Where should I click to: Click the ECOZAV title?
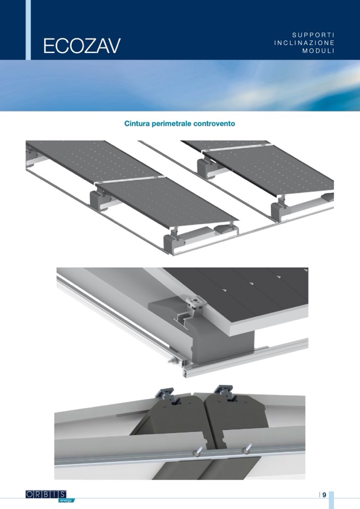pos(82,46)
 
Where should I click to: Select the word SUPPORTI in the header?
pos(313,34)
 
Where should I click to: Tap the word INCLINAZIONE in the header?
pos(304,43)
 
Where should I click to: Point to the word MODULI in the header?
pos(319,51)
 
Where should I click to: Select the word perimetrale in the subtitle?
pos(172,124)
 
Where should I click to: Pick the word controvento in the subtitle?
pos(214,124)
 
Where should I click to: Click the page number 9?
pos(324,495)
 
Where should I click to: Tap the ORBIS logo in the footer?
pos(46,494)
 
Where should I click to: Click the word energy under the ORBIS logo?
pos(66,500)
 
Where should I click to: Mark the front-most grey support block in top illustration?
pos(172,242)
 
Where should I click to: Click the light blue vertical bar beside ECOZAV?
pos(28,30)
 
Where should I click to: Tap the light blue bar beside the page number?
pos(331,500)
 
